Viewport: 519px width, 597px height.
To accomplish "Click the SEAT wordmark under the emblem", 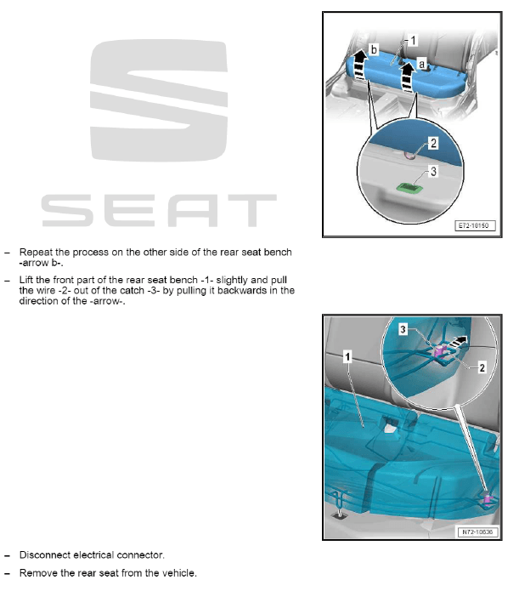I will pos(159,210).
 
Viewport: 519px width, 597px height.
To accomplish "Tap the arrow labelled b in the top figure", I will pos(359,64).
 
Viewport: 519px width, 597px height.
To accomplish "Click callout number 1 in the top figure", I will pos(414,40).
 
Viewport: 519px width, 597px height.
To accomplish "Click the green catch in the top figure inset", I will pos(411,185).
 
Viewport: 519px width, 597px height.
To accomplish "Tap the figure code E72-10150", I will pos(476,228).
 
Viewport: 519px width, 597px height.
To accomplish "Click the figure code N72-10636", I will pos(477,532).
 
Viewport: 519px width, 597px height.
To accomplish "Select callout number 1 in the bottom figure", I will pos(347,357).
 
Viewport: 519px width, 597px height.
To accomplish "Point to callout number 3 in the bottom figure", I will pos(404,328).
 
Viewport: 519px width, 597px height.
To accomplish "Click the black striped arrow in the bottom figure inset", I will pos(460,339).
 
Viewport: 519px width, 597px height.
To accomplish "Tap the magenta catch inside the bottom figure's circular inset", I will pos(440,350).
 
